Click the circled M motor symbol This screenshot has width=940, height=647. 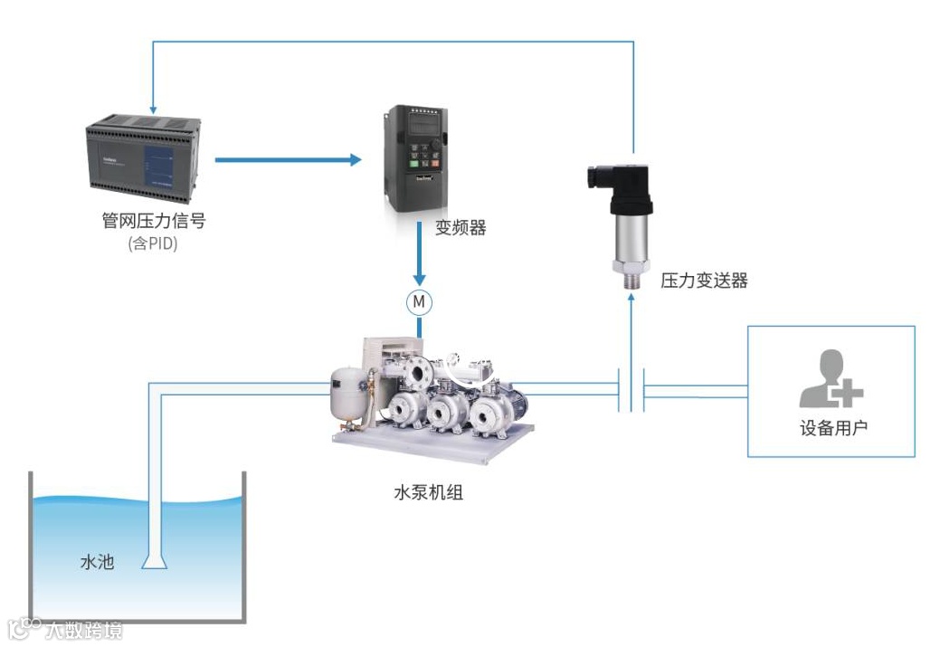coord(419,301)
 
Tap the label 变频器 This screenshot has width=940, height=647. coord(461,228)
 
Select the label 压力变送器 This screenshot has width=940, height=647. coord(704,281)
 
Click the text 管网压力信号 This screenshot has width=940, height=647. coord(153,221)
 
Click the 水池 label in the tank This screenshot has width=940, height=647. coord(98,562)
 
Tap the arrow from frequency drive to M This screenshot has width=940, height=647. coord(419,258)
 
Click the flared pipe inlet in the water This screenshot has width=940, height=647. coord(155,562)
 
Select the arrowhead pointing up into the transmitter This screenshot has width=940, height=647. coord(631,298)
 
